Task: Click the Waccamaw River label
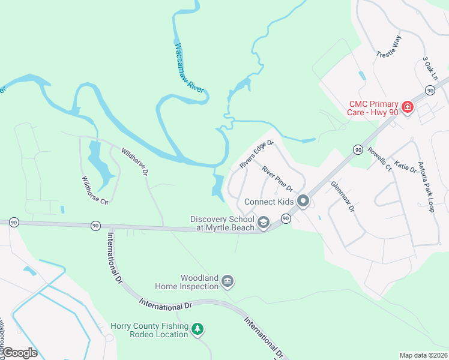[x=189, y=67]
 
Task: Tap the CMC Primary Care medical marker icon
[x=408, y=107]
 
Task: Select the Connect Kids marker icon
[x=304, y=201]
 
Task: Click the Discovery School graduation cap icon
[x=263, y=223]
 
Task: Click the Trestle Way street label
[x=388, y=47]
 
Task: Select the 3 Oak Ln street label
[x=430, y=69]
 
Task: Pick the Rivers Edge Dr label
[x=256, y=154]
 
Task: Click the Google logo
[x=20, y=353]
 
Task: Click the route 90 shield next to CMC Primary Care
[x=430, y=89]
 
